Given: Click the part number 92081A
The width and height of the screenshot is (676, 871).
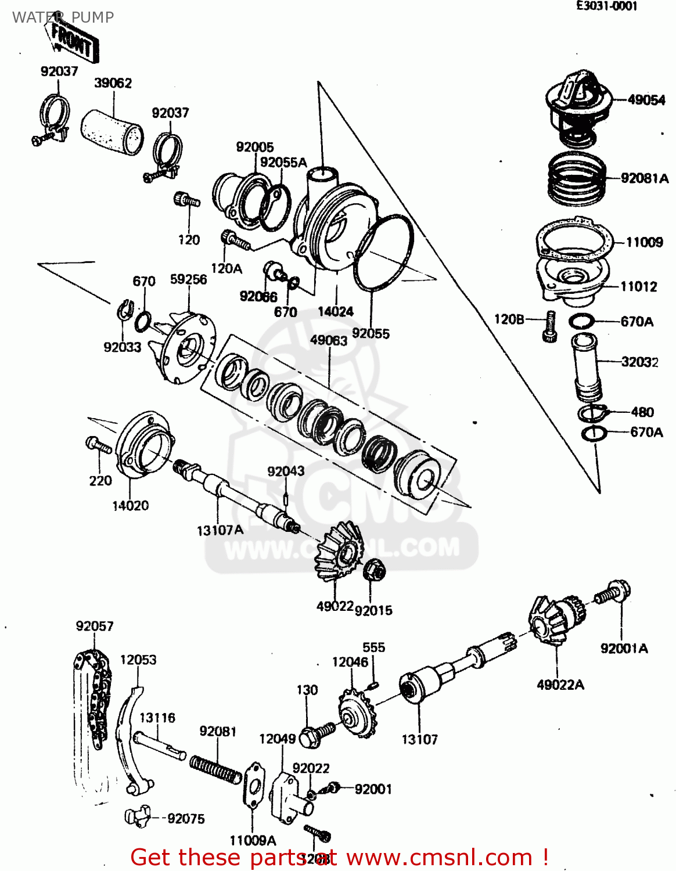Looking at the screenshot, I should point(644,178).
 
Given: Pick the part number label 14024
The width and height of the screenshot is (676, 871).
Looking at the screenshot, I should point(335,312).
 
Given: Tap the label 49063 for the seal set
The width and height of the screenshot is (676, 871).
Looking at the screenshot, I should point(328,340).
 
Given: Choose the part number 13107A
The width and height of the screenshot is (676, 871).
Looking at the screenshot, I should point(220,530).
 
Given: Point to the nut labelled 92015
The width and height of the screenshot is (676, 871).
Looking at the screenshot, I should point(372,570).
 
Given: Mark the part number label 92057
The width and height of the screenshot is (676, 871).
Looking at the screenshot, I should point(94,626).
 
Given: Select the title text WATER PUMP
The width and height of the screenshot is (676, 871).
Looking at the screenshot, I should point(63,17).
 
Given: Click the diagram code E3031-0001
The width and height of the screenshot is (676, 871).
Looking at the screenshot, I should point(606,6).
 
